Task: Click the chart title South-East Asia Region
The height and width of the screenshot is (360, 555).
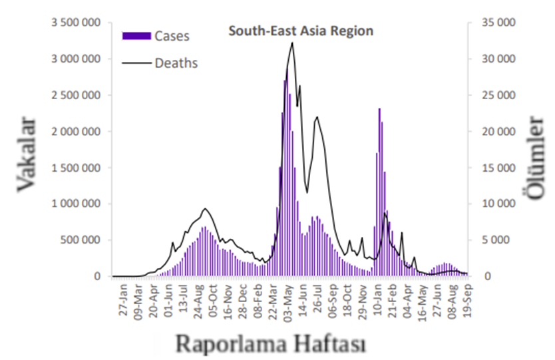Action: pyautogui.click(x=301, y=31)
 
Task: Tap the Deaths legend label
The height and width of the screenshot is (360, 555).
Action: pyautogui.click(x=176, y=64)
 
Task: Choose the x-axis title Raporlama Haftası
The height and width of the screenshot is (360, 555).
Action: pyautogui.click(x=271, y=343)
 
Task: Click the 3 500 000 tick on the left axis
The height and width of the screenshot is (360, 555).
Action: pyautogui.click(x=76, y=23)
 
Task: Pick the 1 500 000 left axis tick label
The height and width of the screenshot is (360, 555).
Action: pyautogui.click(x=76, y=168)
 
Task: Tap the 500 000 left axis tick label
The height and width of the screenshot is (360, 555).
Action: pyautogui.click(x=81, y=240)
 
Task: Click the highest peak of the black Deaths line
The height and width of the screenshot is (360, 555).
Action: pyautogui.click(x=292, y=43)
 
